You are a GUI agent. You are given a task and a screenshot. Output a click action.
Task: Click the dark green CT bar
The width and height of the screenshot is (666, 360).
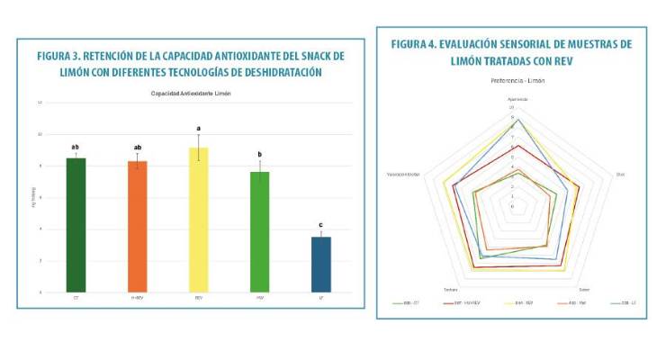click(x=76, y=225)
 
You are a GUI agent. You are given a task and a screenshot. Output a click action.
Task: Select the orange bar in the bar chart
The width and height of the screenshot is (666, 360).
click(x=137, y=227)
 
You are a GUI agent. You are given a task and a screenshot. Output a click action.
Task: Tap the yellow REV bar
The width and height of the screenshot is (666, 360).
click(x=198, y=220)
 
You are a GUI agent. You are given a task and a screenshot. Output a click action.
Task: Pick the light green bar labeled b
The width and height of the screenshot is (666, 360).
click(x=259, y=232)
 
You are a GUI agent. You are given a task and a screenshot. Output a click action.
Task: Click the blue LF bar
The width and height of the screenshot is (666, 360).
click(x=320, y=265)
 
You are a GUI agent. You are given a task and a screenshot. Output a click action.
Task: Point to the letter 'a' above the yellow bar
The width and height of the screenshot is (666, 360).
click(x=198, y=129)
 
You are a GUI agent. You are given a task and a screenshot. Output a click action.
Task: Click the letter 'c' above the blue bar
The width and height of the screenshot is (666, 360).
click(x=320, y=224)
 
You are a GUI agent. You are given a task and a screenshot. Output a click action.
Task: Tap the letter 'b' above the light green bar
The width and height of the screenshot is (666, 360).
click(x=259, y=154)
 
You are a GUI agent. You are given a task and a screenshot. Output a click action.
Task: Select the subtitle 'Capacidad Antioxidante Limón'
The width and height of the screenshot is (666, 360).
click(x=191, y=94)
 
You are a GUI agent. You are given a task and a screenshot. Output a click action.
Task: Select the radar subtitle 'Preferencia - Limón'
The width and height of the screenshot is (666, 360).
click(x=517, y=81)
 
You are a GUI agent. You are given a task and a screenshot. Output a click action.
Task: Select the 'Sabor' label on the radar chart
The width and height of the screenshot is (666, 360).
click(x=584, y=289)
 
